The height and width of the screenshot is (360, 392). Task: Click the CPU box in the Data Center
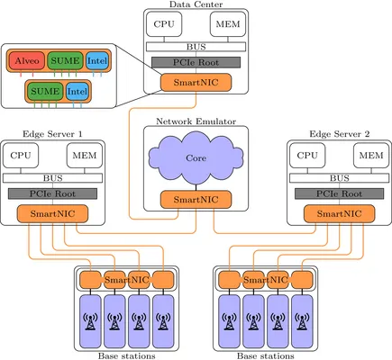(164, 24)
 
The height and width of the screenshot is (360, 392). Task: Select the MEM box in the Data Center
(228, 24)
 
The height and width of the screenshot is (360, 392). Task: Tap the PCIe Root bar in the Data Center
(196, 62)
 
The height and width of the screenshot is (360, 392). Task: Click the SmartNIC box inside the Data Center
(196, 82)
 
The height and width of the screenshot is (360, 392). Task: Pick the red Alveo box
(27, 60)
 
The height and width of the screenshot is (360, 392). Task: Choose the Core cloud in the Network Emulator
(196, 158)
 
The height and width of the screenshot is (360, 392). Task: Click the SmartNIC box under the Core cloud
(196, 200)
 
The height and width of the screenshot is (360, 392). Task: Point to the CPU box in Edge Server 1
(21, 156)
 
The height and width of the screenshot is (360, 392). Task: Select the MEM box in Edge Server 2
(371, 156)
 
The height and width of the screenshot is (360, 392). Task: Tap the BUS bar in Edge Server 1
(52, 178)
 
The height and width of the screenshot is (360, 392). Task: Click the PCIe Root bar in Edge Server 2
(339, 193)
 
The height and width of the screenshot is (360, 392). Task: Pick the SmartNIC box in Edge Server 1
(52, 213)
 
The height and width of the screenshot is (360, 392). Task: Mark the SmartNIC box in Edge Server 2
(339, 213)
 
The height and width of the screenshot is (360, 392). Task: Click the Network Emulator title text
(196, 121)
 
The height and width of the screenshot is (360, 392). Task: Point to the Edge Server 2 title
(340, 134)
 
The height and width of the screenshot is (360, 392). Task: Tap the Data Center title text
(196, 4)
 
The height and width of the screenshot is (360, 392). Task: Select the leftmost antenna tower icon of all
(90, 321)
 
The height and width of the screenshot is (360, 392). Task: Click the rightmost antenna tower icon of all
(302, 321)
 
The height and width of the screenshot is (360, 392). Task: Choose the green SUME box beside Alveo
(66, 60)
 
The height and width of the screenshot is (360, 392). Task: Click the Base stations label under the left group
(127, 356)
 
